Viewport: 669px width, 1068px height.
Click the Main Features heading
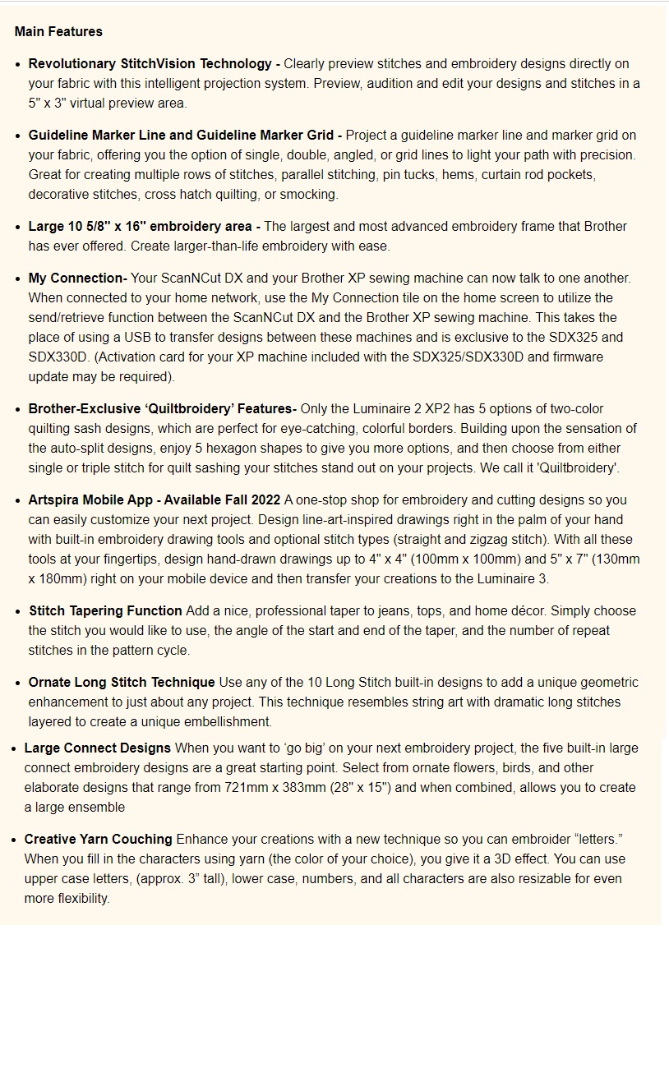tap(58, 32)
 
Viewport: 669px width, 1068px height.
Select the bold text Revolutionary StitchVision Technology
tap(150, 64)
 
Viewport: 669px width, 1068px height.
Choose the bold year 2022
tap(262, 500)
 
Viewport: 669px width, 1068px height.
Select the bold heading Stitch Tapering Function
tap(105, 611)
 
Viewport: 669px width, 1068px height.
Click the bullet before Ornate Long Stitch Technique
tap(18, 683)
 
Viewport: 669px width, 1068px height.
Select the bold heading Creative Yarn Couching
tap(99, 840)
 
